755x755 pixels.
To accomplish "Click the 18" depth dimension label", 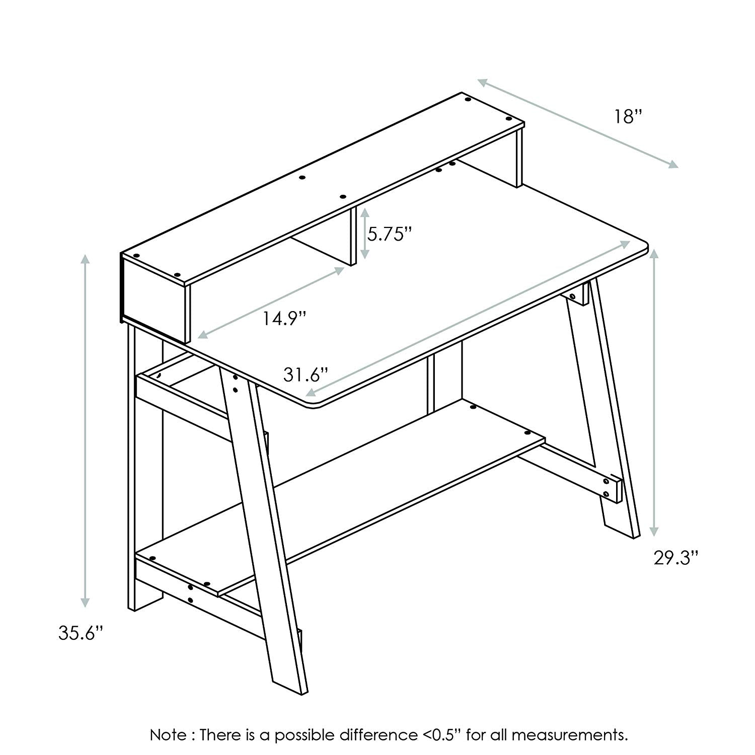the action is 628,117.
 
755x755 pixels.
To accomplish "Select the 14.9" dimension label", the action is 284,318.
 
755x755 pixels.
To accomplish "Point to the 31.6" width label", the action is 306,374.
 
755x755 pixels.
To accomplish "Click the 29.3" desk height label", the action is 676,558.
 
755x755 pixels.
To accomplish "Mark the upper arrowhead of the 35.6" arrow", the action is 86,260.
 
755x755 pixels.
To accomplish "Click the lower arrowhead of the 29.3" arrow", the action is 654,531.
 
